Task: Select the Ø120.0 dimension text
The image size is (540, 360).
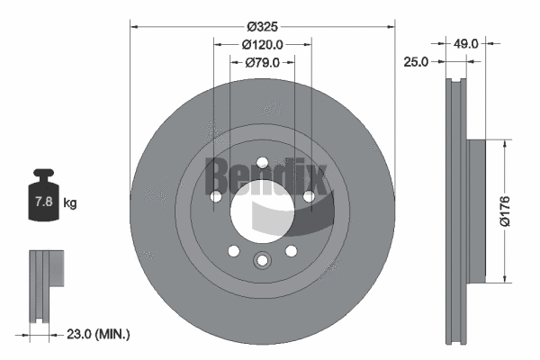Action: click(x=263, y=43)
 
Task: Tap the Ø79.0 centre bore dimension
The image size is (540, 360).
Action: click(x=263, y=62)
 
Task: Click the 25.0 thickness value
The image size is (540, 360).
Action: click(x=416, y=62)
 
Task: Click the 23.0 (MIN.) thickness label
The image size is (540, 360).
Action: click(x=98, y=334)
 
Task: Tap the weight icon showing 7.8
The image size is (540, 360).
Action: click(x=42, y=199)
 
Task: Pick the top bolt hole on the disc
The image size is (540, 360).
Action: click(x=262, y=163)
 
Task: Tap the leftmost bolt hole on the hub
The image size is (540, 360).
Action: click(x=216, y=196)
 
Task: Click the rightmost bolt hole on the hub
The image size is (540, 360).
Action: click(x=309, y=196)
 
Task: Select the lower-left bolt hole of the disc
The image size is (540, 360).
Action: click(x=233, y=251)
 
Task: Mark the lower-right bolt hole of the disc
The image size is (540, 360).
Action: click(x=292, y=251)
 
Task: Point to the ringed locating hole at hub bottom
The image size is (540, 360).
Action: click(x=262, y=261)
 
